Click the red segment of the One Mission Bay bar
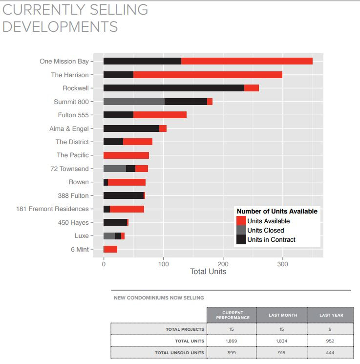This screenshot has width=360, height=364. coord(247,61)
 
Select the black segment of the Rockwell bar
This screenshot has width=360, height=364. coord(173,88)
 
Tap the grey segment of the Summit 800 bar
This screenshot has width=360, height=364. coord(134,102)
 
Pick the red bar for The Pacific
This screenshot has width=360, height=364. coord(126,155)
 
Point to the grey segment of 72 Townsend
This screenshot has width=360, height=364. coord(114,169)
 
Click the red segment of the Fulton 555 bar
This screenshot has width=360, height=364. coord(160,115)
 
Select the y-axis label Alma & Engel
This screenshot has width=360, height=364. coord(69,128)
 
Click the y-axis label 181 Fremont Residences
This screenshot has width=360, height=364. coord(52,209)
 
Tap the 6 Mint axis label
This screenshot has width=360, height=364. coord(80,249)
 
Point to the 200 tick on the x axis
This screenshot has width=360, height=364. coord(223,264)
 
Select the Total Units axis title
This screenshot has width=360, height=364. coord(208,272)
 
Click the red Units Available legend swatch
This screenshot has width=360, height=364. coord(241,221)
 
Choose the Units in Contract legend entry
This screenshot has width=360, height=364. coord(271,239)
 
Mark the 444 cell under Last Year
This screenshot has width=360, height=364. coord(331,352)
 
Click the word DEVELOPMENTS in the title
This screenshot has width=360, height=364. coord(60,26)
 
